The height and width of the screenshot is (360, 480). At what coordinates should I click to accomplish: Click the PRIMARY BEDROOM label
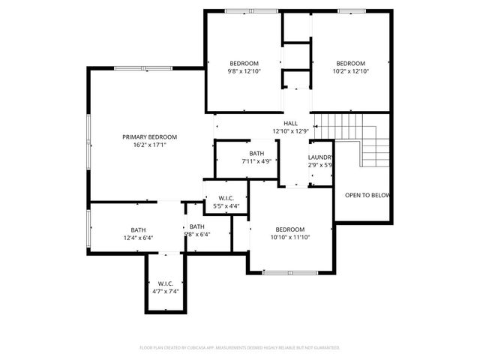[150, 136]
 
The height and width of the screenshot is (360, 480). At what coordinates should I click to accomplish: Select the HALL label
[290, 123]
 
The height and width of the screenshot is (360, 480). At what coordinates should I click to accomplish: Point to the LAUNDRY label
[320, 157]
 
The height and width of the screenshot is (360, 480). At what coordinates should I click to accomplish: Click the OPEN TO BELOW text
[367, 195]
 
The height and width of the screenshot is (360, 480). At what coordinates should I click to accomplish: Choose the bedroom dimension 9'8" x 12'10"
[244, 71]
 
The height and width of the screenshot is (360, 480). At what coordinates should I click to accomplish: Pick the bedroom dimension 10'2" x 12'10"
[350, 71]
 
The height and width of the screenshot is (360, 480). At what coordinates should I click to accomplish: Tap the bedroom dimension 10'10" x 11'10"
[289, 237]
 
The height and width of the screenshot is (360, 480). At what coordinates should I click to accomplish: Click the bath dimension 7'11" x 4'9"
[257, 161]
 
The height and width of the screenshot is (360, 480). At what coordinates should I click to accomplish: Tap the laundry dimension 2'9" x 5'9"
[320, 165]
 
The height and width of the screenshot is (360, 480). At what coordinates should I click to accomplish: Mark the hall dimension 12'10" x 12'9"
[290, 131]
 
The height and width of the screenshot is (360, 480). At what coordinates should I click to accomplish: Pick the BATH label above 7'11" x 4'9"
[257, 153]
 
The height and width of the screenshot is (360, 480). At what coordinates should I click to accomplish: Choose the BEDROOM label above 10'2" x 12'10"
[350, 63]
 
